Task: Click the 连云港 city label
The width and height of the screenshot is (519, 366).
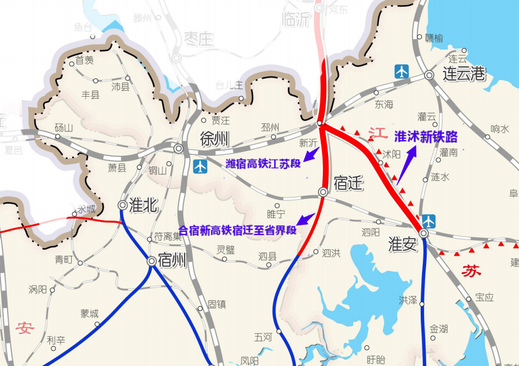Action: (464, 74)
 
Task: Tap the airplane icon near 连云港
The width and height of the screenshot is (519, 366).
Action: (402, 71)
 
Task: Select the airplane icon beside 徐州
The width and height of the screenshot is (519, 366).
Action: (200, 166)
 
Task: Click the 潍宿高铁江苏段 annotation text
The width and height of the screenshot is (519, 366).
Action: (263, 163)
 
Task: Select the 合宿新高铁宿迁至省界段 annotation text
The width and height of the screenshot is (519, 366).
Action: (238, 230)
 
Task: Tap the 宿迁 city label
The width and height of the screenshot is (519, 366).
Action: (348, 184)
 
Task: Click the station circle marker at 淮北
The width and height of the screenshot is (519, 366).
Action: (123, 205)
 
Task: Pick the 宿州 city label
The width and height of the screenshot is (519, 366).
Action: (172, 261)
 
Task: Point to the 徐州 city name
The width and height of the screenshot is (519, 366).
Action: (214, 140)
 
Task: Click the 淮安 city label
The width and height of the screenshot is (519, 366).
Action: (403, 244)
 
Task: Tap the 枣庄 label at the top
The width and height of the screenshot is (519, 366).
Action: (199, 39)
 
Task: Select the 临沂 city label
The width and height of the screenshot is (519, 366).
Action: (296, 20)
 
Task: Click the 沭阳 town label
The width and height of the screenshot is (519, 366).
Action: (391, 154)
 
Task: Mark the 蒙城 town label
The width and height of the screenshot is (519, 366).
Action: (90, 313)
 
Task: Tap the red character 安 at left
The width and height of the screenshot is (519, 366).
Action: (26, 328)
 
